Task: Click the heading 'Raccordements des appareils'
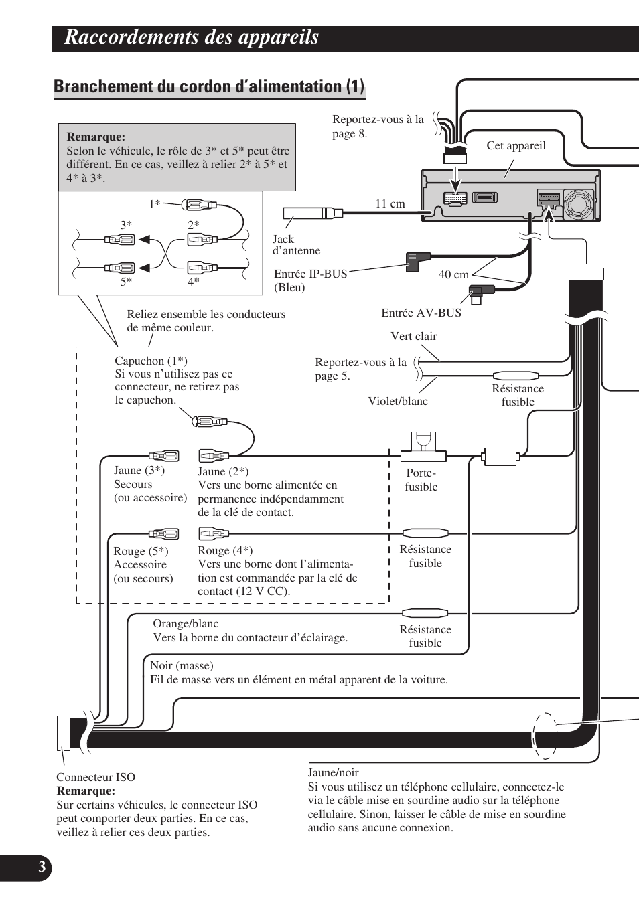(x=192, y=37)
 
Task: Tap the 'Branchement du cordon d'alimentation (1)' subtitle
(x=209, y=86)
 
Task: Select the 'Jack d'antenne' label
(x=296, y=245)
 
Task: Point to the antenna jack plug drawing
(x=312, y=214)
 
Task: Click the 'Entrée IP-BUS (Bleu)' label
(x=310, y=280)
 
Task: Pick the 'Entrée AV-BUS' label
(x=421, y=313)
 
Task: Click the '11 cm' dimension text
(x=390, y=203)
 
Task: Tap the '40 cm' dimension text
(x=453, y=274)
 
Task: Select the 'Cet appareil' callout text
(x=516, y=145)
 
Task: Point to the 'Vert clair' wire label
(x=413, y=336)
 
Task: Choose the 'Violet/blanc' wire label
(x=398, y=401)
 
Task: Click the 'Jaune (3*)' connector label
(x=139, y=470)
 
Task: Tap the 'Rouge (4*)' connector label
(x=225, y=550)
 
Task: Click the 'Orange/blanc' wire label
(x=186, y=623)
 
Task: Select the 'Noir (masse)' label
(x=182, y=665)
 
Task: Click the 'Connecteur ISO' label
(x=96, y=777)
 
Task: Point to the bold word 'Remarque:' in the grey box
(x=96, y=137)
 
